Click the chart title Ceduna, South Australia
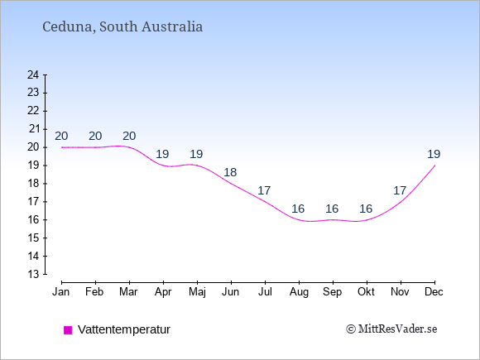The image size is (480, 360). pyautogui.click(x=122, y=26)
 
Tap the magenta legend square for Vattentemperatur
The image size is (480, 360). pyautogui.click(x=68, y=330)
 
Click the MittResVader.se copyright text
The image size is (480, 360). pyautogui.click(x=391, y=329)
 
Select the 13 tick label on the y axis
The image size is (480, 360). pyautogui.click(x=33, y=274)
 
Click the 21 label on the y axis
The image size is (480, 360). pyautogui.click(x=34, y=129)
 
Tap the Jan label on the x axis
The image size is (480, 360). pyautogui.click(x=61, y=292)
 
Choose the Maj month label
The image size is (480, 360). pyautogui.click(x=197, y=292)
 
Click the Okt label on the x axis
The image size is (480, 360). pyautogui.click(x=366, y=292)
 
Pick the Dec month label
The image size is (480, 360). pyautogui.click(x=434, y=292)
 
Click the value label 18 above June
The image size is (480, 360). pyautogui.click(x=230, y=172)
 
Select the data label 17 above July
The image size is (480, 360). pyautogui.click(x=264, y=190)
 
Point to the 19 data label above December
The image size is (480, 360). pyautogui.click(x=434, y=154)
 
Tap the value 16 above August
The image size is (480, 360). pyautogui.click(x=298, y=209)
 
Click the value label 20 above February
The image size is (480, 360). pyautogui.click(x=95, y=136)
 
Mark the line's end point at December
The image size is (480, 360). pyautogui.click(x=434, y=166)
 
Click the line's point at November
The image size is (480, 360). pyautogui.click(x=401, y=202)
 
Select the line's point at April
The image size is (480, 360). pyautogui.click(x=164, y=166)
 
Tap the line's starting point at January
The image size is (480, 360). pyautogui.click(x=62, y=147)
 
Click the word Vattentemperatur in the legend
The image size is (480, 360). pyautogui.click(x=124, y=329)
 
